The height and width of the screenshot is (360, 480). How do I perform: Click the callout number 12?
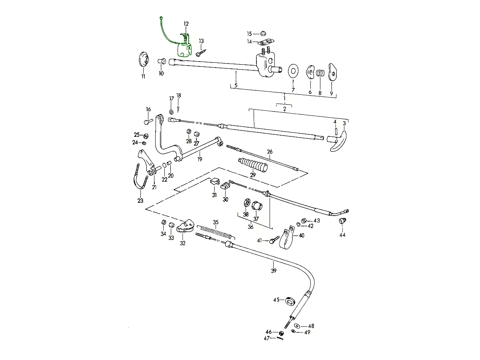(x=186, y=24)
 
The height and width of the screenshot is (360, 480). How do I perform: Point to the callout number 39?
(x=274, y=271)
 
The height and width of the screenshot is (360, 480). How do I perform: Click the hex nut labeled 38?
(x=246, y=203)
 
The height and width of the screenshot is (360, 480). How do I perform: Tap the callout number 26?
(x=270, y=152)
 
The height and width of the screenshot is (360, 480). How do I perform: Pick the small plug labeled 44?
(x=342, y=221)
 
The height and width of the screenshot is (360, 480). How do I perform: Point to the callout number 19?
(x=200, y=159)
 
